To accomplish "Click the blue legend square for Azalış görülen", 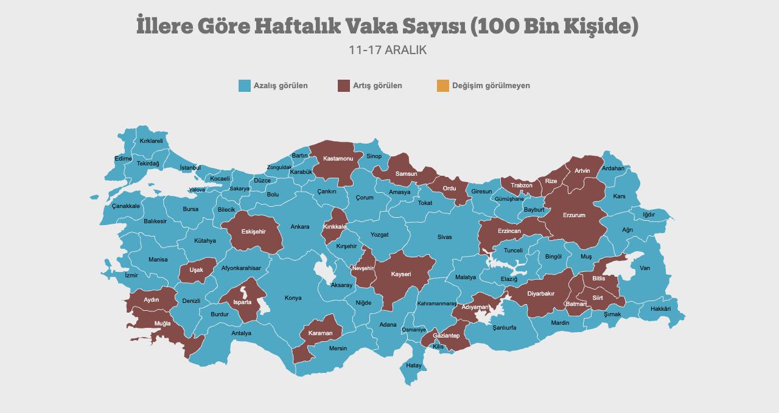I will (x=245, y=86).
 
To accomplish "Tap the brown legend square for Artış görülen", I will (x=344, y=86).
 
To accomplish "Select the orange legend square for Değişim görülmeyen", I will (x=442, y=86).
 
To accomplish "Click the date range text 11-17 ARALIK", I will (x=388, y=50).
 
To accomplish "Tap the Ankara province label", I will (x=299, y=227).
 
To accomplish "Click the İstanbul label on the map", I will (x=190, y=168).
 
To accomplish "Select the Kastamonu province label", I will (x=338, y=159).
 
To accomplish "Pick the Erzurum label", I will (x=574, y=215).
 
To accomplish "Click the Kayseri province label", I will (x=401, y=274).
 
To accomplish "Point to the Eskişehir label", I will (x=253, y=232).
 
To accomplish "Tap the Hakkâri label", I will (x=660, y=309).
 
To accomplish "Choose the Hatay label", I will (x=414, y=366).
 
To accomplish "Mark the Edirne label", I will (x=123, y=159).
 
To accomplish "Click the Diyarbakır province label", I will (x=540, y=294).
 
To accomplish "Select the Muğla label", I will (x=162, y=324).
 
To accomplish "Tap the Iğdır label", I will (x=649, y=215).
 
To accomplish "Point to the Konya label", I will (x=293, y=298).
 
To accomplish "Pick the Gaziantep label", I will (x=446, y=336).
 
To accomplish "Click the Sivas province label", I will (x=444, y=237).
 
